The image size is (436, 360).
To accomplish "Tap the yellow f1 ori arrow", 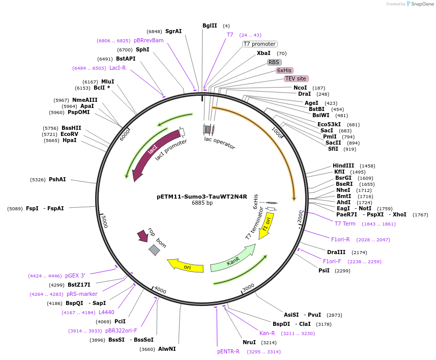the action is [266, 226].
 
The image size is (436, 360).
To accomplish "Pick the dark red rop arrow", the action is [143, 236].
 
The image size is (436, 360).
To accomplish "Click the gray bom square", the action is [154, 250].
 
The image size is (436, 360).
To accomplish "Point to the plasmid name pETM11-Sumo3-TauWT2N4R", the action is [202, 197].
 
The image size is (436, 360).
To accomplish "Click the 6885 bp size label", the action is [202, 203].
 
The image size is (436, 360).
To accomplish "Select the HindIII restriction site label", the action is [343, 166].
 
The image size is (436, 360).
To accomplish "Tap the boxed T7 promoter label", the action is [259, 44].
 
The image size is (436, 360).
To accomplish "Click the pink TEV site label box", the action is [296, 79].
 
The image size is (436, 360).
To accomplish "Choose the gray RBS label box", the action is [274, 62].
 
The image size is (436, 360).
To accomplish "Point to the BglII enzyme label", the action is [210, 25].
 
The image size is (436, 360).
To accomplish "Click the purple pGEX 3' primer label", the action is [75, 275].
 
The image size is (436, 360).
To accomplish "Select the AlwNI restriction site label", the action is [167, 349].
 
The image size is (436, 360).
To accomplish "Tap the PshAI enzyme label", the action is [57, 179].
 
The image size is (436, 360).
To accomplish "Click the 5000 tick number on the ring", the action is [105, 221].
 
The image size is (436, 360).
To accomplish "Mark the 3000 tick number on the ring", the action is [248, 288].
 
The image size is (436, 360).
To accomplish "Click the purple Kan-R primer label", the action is [267, 334].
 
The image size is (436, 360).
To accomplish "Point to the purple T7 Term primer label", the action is [345, 224].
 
